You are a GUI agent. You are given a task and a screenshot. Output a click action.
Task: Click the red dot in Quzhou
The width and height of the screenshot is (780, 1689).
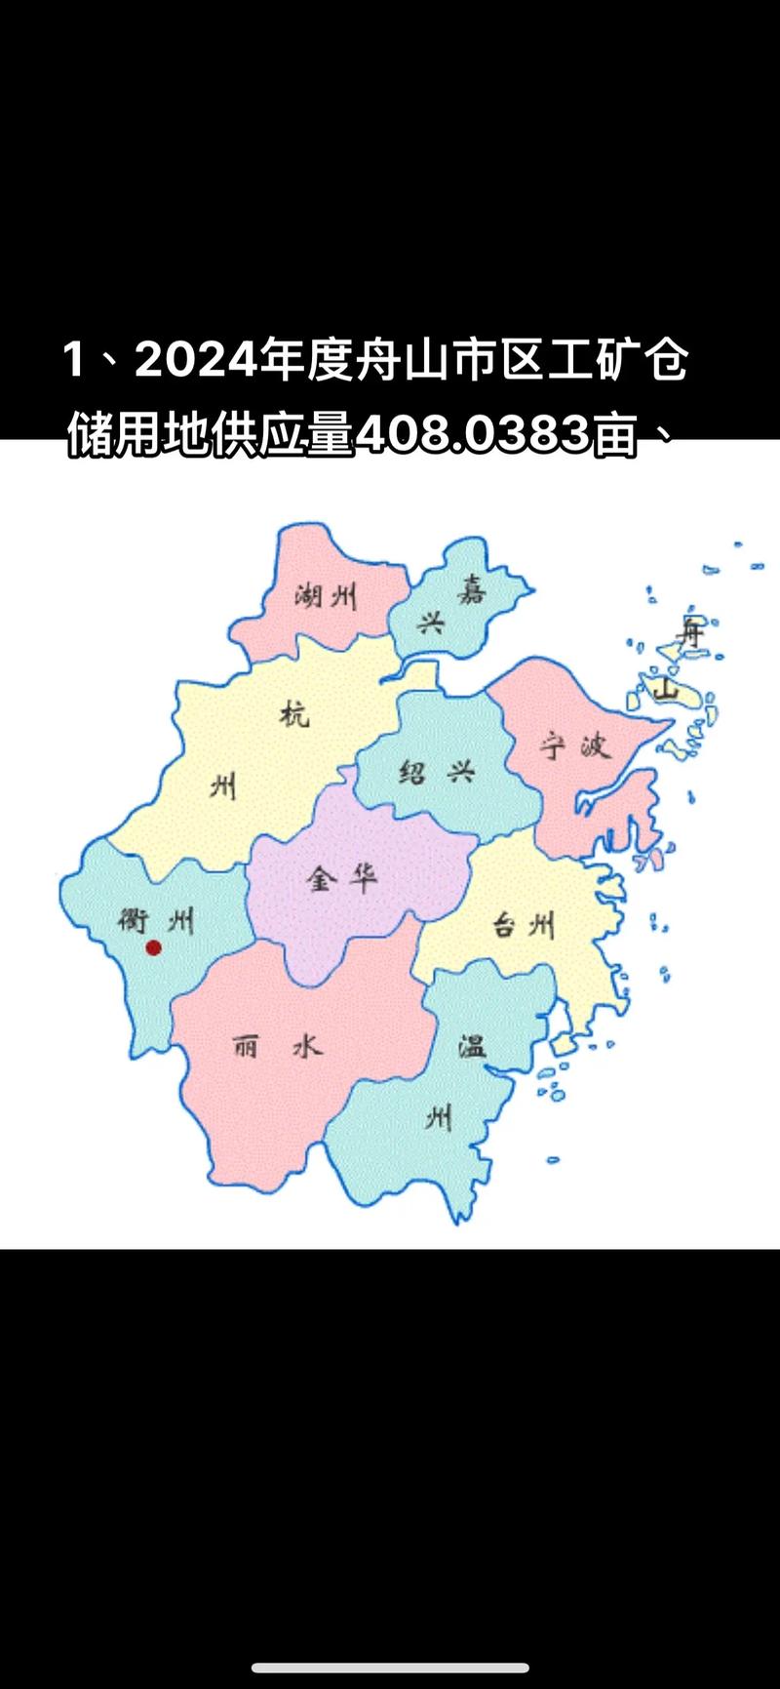153,946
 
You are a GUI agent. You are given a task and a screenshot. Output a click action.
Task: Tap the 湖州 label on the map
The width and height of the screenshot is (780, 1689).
326,594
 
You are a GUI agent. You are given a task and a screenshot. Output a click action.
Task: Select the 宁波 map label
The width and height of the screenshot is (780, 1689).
575,746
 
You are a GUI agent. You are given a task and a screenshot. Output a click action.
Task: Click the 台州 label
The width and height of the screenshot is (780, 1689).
523,923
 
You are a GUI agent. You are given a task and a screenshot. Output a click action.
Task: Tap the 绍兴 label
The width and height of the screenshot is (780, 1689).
437,773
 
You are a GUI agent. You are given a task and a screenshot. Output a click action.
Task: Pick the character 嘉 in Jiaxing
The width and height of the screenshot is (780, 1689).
472,589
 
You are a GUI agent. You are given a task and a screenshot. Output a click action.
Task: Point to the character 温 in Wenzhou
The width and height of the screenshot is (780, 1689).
473,1047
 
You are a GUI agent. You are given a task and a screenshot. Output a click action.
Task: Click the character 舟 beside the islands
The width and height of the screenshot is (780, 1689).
691,631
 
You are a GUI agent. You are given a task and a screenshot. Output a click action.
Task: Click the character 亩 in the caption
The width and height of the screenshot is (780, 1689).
614,436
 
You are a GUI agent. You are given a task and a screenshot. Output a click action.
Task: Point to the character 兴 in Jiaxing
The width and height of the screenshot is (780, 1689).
430,623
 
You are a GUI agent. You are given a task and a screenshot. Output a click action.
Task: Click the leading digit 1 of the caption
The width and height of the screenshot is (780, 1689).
73,362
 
